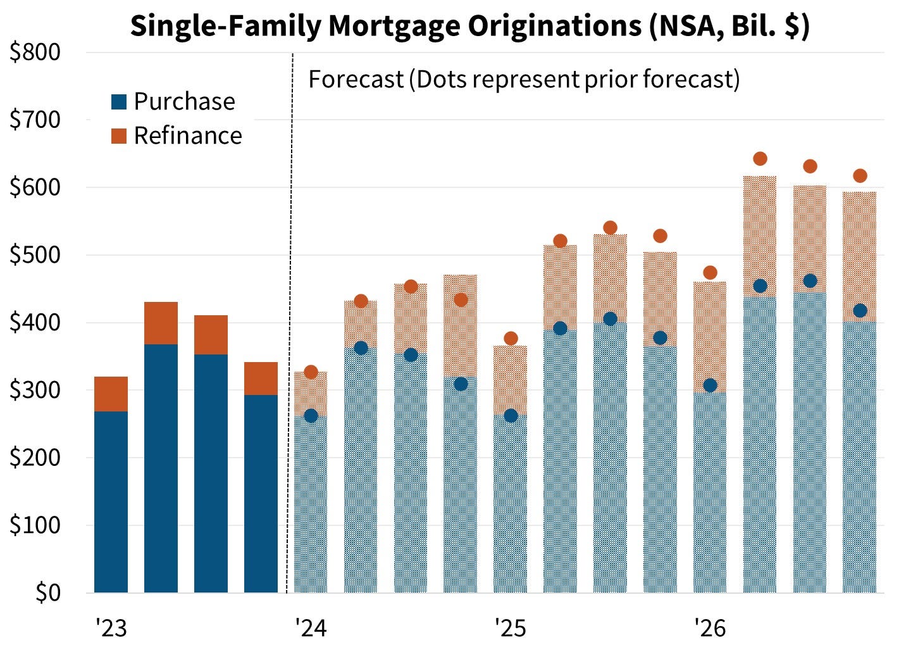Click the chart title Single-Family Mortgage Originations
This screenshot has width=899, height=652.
(469, 27)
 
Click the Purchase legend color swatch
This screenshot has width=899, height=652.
(119, 102)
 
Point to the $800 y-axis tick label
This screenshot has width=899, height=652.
(35, 53)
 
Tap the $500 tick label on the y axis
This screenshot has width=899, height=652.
(35, 255)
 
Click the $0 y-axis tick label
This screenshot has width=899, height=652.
(47, 593)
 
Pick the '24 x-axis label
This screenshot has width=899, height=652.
(311, 629)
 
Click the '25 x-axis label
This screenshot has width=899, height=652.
(511, 629)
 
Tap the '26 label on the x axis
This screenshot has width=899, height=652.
(710, 629)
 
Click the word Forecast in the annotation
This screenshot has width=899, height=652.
(356, 80)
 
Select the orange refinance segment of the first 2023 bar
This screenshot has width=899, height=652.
(111, 394)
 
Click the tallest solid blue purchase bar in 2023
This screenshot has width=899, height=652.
(161, 468)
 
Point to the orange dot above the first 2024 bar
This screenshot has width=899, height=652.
(311, 372)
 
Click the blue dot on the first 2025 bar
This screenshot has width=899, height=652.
(511, 416)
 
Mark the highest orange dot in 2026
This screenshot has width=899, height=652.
(760, 159)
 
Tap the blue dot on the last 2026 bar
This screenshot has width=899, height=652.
(860, 311)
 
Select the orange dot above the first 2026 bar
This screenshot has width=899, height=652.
(710, 273)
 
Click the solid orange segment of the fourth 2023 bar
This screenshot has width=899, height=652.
(261, 379)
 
